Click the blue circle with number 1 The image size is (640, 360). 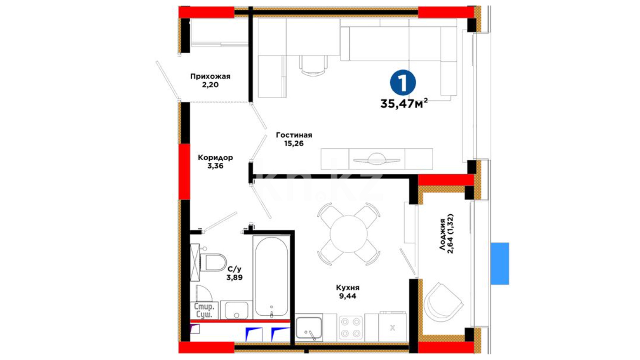pos(403,83)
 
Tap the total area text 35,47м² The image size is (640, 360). pos(404,104)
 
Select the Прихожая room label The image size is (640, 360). pos(210,76)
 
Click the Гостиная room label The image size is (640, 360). pos(294,135)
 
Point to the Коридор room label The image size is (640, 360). pos(215,157)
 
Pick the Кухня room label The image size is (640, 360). pos(348,287)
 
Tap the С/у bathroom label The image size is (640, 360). pos(234,269)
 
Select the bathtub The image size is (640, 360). pos(271,277)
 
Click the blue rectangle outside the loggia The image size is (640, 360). pos(500,264)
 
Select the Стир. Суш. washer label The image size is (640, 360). pos(204,311)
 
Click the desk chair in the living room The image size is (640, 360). pos(313,66)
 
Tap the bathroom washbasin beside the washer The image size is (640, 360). pos(237,311)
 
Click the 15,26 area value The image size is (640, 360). pos(294,144)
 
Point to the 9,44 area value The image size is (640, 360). pos(348,296)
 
